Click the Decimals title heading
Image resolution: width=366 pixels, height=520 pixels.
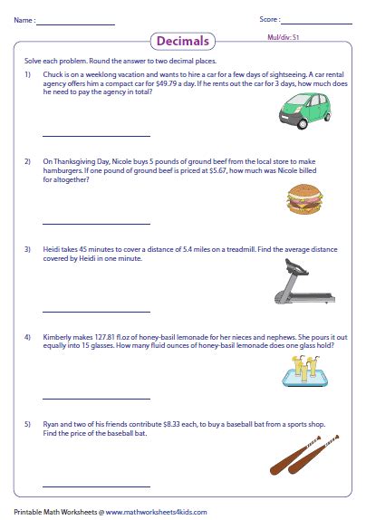pos(183,41)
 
